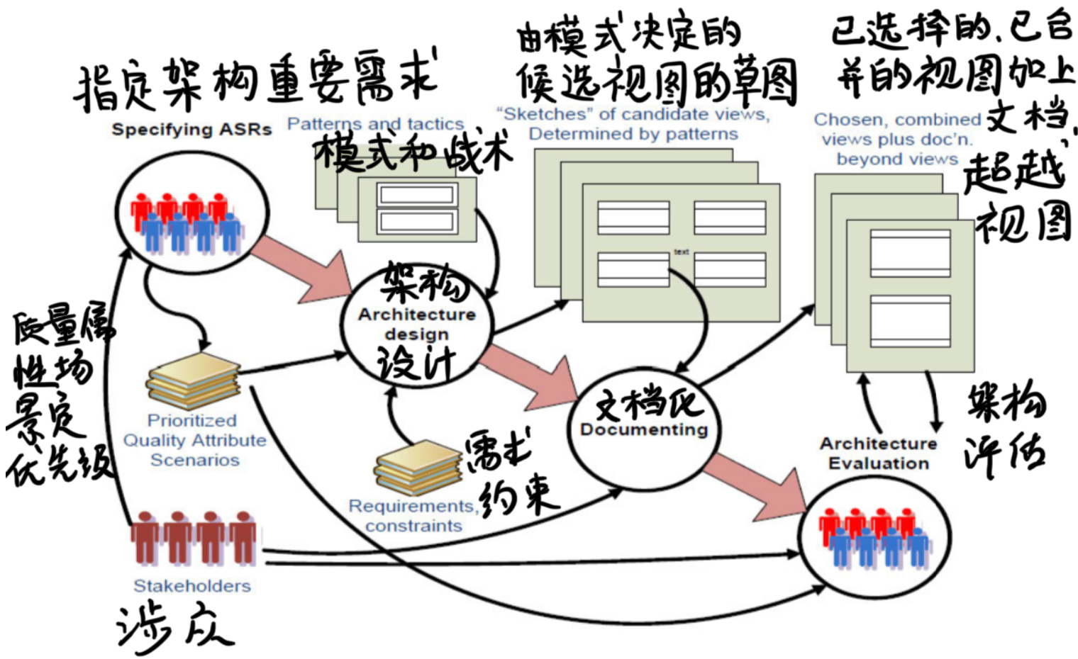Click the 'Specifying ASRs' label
(191, 130)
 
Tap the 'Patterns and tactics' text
(375, 124)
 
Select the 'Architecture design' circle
(416, 325)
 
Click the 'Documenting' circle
(644, 429)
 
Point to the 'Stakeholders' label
(192, 586)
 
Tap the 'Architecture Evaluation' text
(879, 454)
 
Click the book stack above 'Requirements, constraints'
(417, 468)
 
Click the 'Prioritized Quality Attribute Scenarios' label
(195, 440)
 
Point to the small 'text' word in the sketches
(681, 252)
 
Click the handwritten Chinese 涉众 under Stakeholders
(174, 627)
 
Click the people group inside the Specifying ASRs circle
(188, 222)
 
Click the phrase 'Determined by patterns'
(633, 134)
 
